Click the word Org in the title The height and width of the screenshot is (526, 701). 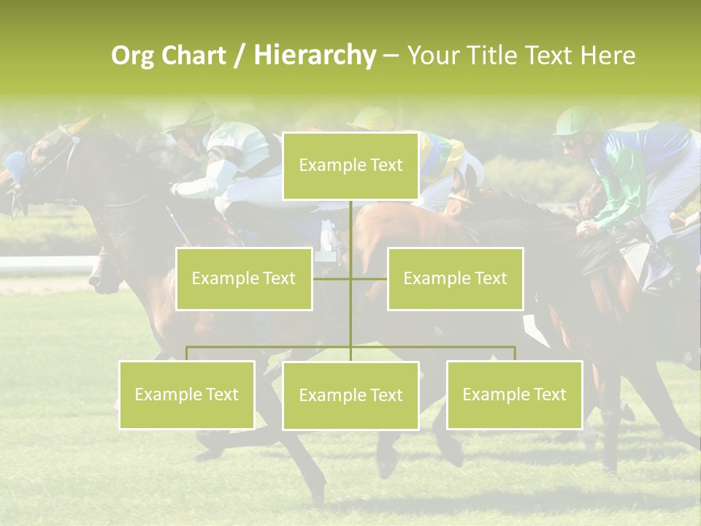pyautogui.click(x=135, y=56)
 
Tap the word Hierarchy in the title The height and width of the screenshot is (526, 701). pyautogui.click(x=315, y=56)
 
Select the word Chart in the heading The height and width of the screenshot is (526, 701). pyautogui.click(x=194, y=56)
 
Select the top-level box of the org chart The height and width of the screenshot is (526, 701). pyautogui.click(x=350, y=166)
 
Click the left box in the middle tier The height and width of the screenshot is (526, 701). pyautogui.click(x=244, y=278)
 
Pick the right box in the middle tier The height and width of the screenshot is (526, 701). pyautogui.click(x=455, y=278)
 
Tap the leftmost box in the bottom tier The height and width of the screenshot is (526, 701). pyautogui.click(x=186, y=394)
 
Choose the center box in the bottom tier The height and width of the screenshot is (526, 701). pyautogui.click(x=350, y=395)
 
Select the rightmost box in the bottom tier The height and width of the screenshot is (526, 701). pyautogui.click(x=514, y=394)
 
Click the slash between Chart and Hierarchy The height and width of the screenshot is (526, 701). pyautogui.click(x=240, y=56)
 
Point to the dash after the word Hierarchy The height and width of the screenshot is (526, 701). pyautogui.click(x=391, y=56)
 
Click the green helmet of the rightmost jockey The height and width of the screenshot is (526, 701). pyautogui.click(x=580, y=119)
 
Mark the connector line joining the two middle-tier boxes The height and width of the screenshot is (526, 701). pyautogui.click(x=350, y=278)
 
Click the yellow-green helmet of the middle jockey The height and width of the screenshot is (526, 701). pyautogui.click(x=372, y=118)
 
